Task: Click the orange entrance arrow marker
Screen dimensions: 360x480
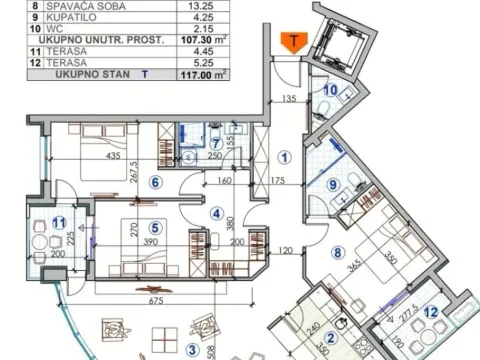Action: click(293, 41)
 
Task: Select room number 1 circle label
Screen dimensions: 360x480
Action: click(284, 156)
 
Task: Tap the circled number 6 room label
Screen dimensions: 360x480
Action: click(155, 182)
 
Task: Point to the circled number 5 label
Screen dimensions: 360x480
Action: click(155, 227)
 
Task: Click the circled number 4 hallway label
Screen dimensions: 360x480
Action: click(216, 211)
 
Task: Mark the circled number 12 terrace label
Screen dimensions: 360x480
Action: click(431, 311)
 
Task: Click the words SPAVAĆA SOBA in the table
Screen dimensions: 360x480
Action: click(76, 4)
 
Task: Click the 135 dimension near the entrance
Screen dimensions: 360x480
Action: click(291, 100)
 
